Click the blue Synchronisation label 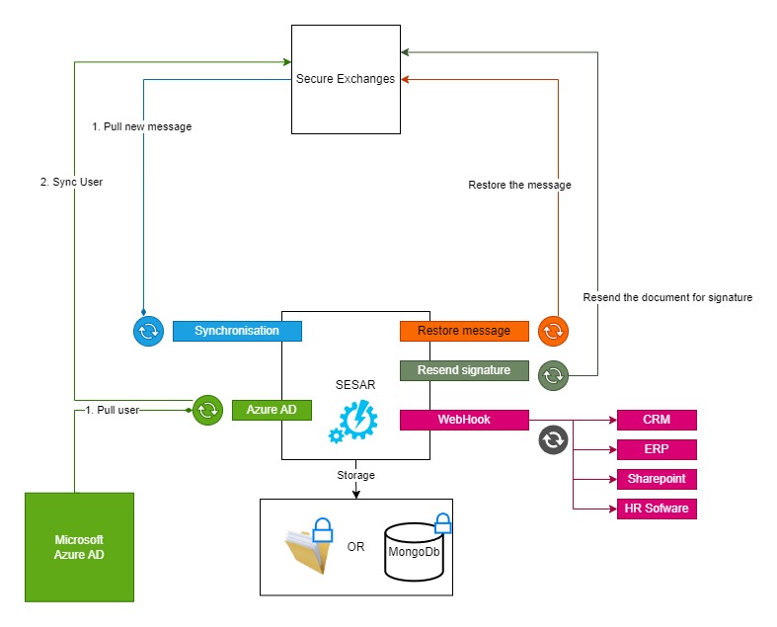click(x=237, y=331)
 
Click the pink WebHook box click(x=464, y=420)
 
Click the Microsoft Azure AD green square click(x=79, y=547)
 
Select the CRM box click(x=657, y=420)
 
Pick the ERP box click(x=657, y=449)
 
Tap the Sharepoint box click(x=657, y=479)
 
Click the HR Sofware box click(x=657, y=509)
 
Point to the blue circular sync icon click(x=148, y=332)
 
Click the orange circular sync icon click(x=554, y=331)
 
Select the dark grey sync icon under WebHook click(x=554, y=439)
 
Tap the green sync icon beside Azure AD click(x=207, y=409)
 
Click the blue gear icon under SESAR click(x=353, y=421)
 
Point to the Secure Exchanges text click(x=346, y=79)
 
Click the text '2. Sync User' click(x=70, y=182)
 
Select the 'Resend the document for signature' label click(x=667, y=297)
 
